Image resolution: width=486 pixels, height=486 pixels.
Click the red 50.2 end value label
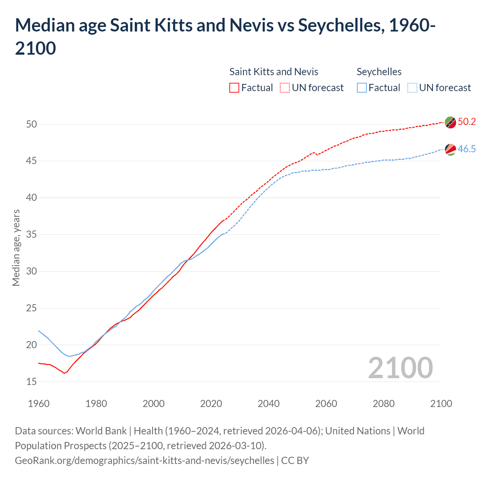(467, 121)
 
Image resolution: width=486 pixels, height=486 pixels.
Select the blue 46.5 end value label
(467, 149)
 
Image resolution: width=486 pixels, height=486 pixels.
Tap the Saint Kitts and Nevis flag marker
(450, 122)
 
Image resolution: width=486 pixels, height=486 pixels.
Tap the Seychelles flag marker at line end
(450, 149)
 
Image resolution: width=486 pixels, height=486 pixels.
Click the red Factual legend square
(234, 88)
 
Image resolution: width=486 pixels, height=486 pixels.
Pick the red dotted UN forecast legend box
(285, 88)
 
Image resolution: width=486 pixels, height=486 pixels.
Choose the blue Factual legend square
(362, 88)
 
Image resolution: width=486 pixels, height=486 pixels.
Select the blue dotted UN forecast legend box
(412, 88)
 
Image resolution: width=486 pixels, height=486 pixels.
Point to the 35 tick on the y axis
(32, 234)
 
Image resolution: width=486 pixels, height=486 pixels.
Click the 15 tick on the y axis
(32, 382)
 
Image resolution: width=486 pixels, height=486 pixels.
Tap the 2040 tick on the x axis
(268, 404)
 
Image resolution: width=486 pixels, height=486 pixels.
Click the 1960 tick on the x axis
(39, 404)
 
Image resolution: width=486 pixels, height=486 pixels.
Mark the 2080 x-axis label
(383, 404)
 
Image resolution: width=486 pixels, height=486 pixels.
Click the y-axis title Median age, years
(16, 248)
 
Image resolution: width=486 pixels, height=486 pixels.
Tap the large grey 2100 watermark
(400, 368)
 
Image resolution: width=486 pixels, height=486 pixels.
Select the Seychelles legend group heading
(379, 72)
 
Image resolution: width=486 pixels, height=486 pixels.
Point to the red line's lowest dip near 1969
(64, 373)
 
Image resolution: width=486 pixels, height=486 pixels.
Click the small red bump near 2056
(314, 153)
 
